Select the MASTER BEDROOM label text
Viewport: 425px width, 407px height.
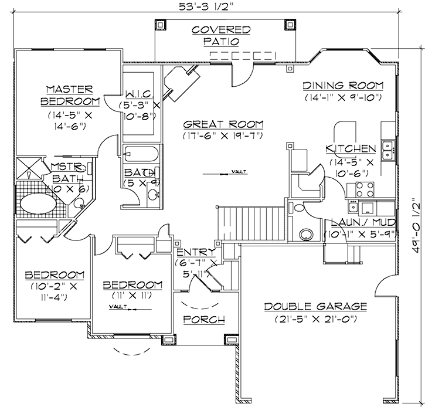tap(69, 95)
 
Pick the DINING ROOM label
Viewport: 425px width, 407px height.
tap(343, 86)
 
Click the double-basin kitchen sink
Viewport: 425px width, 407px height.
tap(387, 150)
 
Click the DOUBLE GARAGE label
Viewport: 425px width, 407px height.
tap(315, 307)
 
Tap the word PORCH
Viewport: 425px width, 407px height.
tap(204, 320)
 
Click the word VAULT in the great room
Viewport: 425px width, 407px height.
tap(238, 171)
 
